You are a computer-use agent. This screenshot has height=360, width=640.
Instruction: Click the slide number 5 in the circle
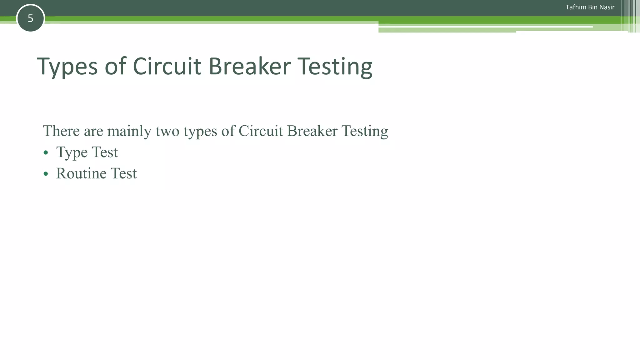point(30,18)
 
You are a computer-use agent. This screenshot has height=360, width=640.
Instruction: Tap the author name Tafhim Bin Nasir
point(590,7)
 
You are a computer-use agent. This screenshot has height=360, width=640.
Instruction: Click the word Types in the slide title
point(67,67)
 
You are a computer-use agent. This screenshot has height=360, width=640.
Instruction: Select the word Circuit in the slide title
point(167,66)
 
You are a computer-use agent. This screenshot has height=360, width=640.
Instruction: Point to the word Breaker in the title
point(249,66)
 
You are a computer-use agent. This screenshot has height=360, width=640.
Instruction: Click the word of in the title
point(115,66)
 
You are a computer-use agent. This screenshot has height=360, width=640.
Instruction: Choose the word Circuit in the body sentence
point(261,131)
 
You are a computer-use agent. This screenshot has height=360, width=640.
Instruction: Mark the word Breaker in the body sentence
point(312,131)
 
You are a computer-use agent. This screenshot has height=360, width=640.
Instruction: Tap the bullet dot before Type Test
point(46,152)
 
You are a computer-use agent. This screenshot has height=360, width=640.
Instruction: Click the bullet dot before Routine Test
point(46,174)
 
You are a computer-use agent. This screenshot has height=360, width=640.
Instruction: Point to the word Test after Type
point(105,152)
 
